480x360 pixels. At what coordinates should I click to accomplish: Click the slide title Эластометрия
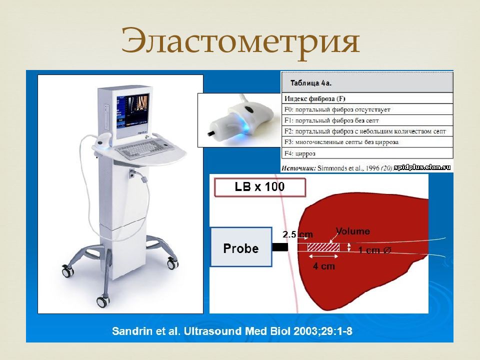click(240, 41)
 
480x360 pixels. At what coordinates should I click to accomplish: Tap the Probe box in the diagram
click(241, 246)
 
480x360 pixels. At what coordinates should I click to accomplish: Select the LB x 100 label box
click(260, 187)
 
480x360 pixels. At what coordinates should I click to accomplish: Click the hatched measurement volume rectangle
click(323, 247)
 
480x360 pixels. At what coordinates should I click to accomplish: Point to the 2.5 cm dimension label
click(297, 234)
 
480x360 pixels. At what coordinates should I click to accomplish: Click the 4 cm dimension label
click(323, 266)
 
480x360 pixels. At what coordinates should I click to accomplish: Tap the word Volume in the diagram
click(352, 231)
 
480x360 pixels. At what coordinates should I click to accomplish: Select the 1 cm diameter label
click(374, 250)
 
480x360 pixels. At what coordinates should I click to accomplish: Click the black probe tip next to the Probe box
click(280, 246)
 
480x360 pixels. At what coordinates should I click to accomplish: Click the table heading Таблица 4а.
click(311, 83)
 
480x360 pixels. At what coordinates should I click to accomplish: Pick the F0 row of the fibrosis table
click(367, 109)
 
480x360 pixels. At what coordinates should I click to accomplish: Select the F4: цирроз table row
click(367, 153)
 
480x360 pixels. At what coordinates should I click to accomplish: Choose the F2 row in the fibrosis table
click(367, 131)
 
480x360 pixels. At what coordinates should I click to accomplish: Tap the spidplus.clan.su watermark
click(422, 167)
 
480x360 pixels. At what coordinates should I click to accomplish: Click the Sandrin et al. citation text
click(232, 331)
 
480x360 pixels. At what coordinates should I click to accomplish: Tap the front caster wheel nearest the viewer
click(103, 301)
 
